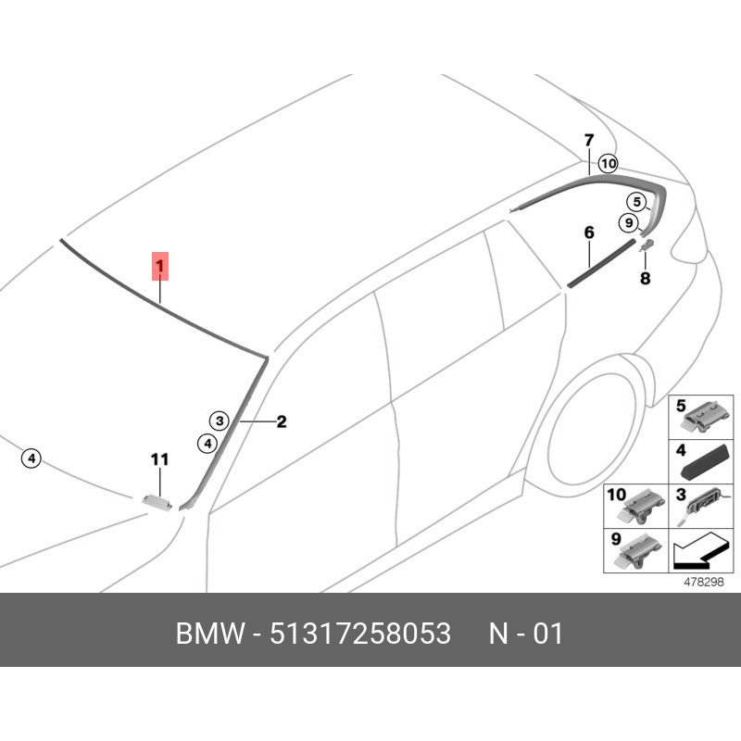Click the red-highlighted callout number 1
point(160,266)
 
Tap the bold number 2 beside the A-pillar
point(282,421)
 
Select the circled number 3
point(220,421)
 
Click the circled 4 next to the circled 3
point(207,444)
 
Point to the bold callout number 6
point(589,232)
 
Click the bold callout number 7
point(589,141)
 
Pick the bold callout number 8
point(645,279)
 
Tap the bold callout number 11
point(159,459)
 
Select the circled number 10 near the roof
point(608,164)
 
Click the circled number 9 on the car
point(629,222)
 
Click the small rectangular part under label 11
point(157,501)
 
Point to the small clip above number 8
point(647,245)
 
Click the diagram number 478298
point(704,582)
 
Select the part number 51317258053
point(360,634)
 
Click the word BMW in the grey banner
point(211,634)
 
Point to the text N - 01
point(525,634)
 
